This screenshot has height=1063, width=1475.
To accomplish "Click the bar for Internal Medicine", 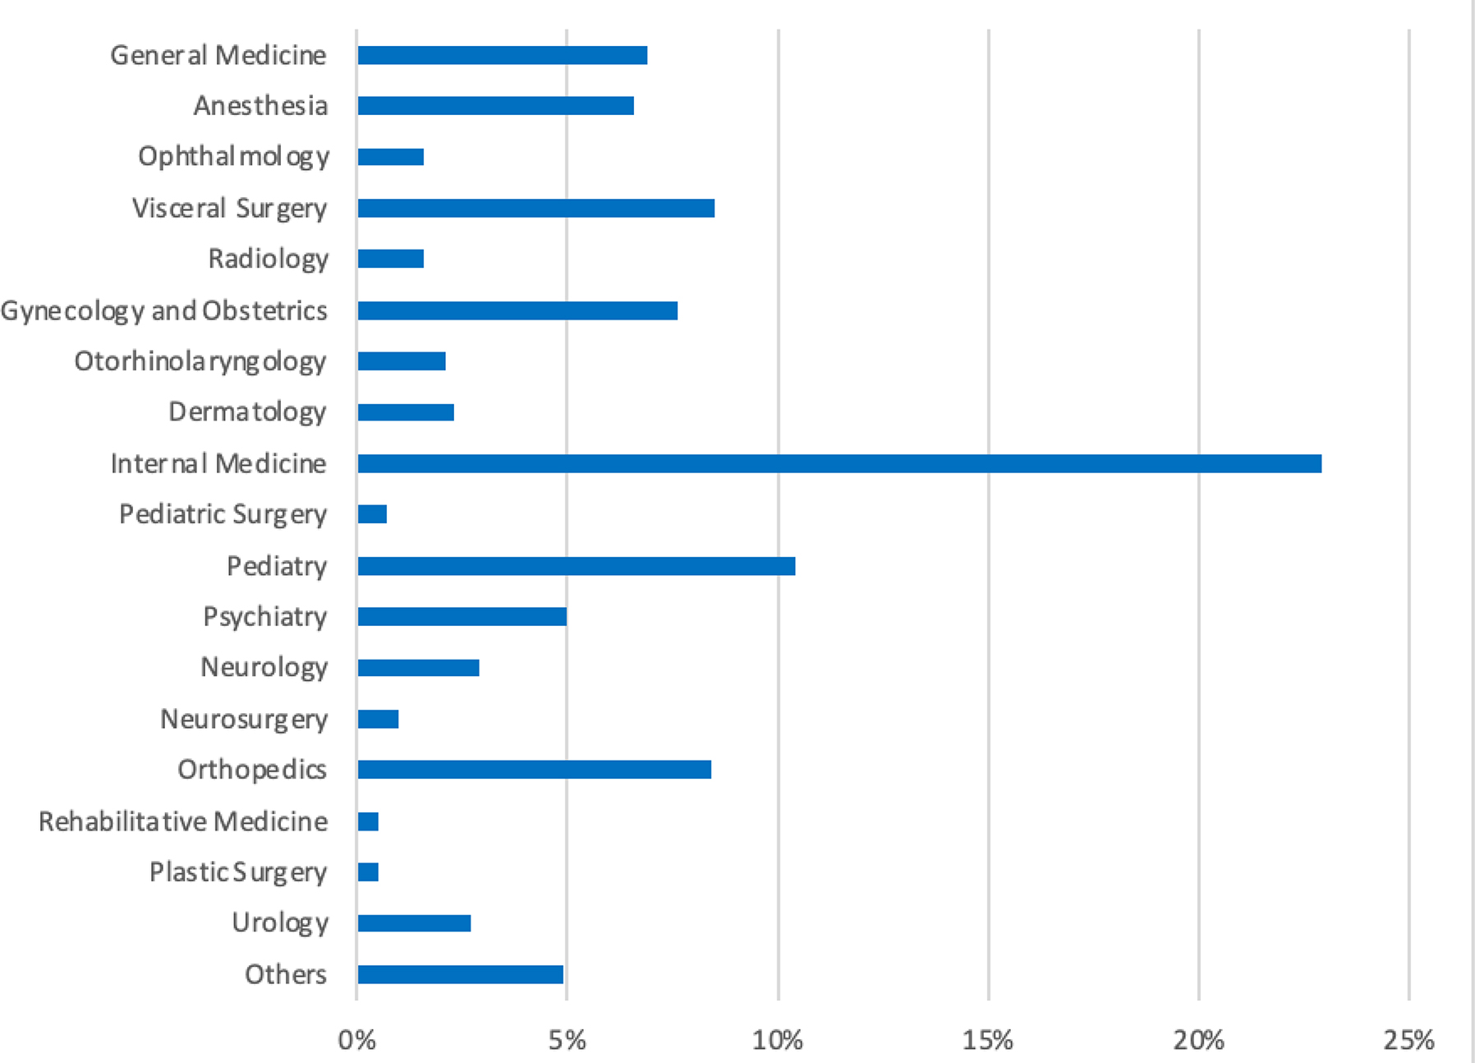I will pos(839,463).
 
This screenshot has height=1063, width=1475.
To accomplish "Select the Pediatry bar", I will pos(576,566).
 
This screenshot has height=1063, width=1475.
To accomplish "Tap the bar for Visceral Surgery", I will pos(535,208).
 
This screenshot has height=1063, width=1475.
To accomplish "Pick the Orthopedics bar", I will pos(534,770).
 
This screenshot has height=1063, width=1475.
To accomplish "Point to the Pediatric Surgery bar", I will pos(372,514).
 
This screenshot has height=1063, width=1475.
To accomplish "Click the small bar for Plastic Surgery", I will pos(368,872).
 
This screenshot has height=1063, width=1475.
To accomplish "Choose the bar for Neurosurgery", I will pos(378,719).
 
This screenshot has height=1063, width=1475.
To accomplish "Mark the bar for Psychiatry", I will pos(462,616).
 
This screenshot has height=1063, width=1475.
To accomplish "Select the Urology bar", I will pos(414,923).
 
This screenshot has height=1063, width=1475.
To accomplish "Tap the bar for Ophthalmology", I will pos(390,157).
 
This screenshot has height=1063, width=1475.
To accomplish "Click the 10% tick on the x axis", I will pos(777,1040).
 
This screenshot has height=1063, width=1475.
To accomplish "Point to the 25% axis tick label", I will pos(1408,1040).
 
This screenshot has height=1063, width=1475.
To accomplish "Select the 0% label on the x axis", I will pos(356,1040).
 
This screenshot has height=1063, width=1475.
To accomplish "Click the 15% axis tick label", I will pos(987,1040).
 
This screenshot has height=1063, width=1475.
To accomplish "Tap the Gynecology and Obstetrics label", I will pos(164,311).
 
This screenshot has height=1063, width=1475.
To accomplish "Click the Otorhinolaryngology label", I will pos(200,361).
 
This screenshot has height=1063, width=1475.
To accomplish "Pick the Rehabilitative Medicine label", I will pos(183,821).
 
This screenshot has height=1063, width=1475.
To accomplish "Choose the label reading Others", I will pos(285,974).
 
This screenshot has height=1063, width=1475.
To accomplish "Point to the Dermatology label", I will pos(247,412).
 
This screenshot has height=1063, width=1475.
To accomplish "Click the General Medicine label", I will pos(218,55).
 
